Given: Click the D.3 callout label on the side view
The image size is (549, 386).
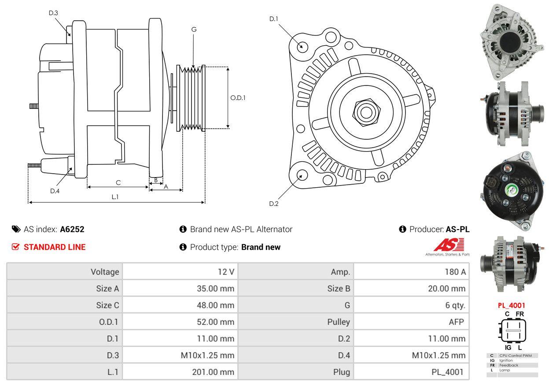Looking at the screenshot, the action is point(53,13).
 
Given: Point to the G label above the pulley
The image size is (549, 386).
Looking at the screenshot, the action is point(194,30).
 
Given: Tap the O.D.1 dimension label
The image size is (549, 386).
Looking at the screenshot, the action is point(238,98).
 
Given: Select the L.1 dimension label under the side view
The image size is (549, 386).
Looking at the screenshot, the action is point(115,197).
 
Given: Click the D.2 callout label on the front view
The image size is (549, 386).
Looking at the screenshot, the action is point(274,204).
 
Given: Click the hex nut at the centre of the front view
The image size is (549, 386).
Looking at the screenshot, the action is point(366,113).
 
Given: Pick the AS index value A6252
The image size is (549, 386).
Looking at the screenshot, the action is point(72,229).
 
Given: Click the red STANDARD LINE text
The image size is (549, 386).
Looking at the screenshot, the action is point(55,247).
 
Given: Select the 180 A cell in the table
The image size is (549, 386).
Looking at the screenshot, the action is point(455,272).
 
